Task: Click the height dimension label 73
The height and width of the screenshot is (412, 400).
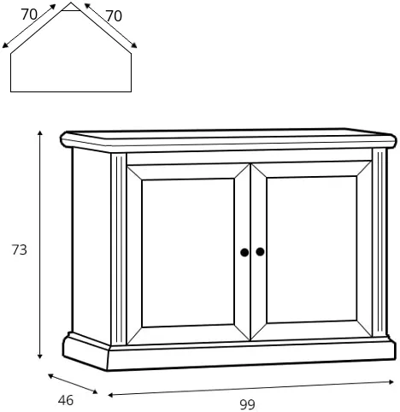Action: (19, 250)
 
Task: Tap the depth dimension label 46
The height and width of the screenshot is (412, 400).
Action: (66, 400)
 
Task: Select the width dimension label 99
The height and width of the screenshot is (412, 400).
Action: (247, 404)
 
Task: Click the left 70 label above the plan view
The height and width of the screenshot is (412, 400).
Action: (29, 15)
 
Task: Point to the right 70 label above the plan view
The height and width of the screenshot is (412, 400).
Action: (114, 16)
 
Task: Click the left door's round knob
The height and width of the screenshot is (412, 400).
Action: (244, 252)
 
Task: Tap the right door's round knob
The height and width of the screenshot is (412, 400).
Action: (260, 251)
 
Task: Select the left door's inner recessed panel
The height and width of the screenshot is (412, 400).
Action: (188, 253)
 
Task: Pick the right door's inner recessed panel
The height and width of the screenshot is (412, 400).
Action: (312, 250)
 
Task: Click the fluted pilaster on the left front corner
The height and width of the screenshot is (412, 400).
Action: (119, 249)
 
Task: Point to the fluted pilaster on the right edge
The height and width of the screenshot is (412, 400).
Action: (379, 243)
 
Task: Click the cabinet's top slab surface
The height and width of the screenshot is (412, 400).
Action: (228, 133)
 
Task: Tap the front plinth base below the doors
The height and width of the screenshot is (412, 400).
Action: (251, 356)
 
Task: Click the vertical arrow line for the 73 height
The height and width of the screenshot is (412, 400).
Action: (40, 244)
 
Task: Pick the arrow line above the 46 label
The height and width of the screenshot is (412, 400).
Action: (73, 384)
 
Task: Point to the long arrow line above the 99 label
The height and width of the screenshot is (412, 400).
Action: (251, 388)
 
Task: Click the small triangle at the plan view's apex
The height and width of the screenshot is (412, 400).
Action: (71, 7)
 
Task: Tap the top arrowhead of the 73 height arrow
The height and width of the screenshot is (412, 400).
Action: (40, 132)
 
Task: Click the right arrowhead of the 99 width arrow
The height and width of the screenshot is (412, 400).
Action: (391, 382)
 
